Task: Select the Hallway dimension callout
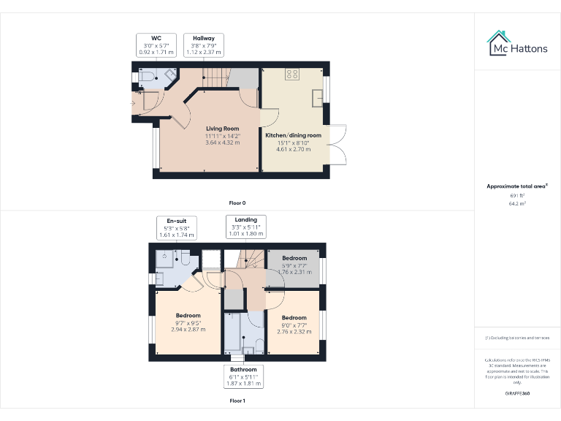coord(204,45)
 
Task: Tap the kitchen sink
coord(318,96)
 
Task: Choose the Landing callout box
coord(245,227)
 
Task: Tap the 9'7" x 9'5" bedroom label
coord(188,322)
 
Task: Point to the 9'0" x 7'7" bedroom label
coord(294,325)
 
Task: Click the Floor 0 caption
coord(237,202)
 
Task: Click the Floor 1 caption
coord(237,401)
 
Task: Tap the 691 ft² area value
coord(518,195)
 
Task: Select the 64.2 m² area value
coord(518,204)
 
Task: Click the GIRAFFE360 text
coord(517,393)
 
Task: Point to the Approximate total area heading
coord(517,186)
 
